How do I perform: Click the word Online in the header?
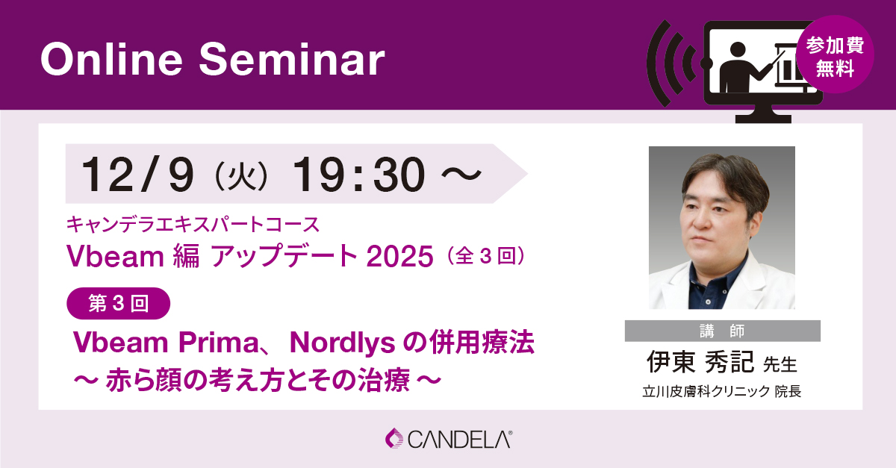111,59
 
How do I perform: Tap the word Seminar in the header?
292,59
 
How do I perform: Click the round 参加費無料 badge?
835,54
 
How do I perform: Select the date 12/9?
137,175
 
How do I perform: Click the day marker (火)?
241,176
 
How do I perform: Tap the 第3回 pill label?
119,303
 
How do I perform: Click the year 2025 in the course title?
399,256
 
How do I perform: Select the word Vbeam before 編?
115,256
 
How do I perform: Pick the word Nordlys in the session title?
343,343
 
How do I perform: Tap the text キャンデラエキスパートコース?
193,224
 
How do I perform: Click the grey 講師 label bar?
723,331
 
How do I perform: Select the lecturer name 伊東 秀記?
700,362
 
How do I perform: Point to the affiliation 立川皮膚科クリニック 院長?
721,391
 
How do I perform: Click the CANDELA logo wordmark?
460,439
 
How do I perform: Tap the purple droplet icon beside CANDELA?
394,438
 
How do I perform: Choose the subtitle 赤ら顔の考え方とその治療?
258,380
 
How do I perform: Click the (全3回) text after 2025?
485,257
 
